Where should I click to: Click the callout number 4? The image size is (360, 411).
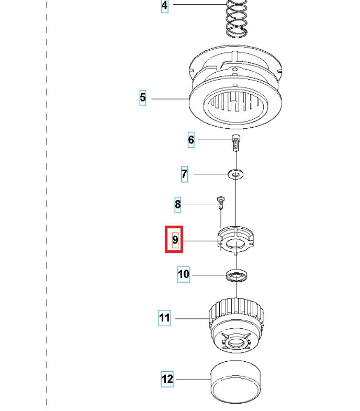pos(165,6)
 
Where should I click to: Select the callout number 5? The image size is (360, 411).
pos(143,98)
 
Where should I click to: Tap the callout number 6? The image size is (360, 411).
pos(191,140)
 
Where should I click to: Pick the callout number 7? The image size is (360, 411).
pos(184,174)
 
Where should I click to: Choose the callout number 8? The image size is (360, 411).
pos(178,204)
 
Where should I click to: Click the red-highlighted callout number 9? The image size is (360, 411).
pos(175,240)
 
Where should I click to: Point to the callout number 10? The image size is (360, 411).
pos(183,274)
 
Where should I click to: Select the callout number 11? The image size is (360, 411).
pos(165,318)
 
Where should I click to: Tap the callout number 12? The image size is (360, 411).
pos(167,379)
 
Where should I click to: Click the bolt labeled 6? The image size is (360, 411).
pos(236,142)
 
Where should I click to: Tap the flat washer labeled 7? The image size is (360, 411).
pos(236,173)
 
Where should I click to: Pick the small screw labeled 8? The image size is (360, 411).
pos(220,201)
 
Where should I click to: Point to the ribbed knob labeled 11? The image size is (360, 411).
pos(237,325)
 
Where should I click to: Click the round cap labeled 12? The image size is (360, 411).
pos(235,382)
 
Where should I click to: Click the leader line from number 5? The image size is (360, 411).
pos(167,98)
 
